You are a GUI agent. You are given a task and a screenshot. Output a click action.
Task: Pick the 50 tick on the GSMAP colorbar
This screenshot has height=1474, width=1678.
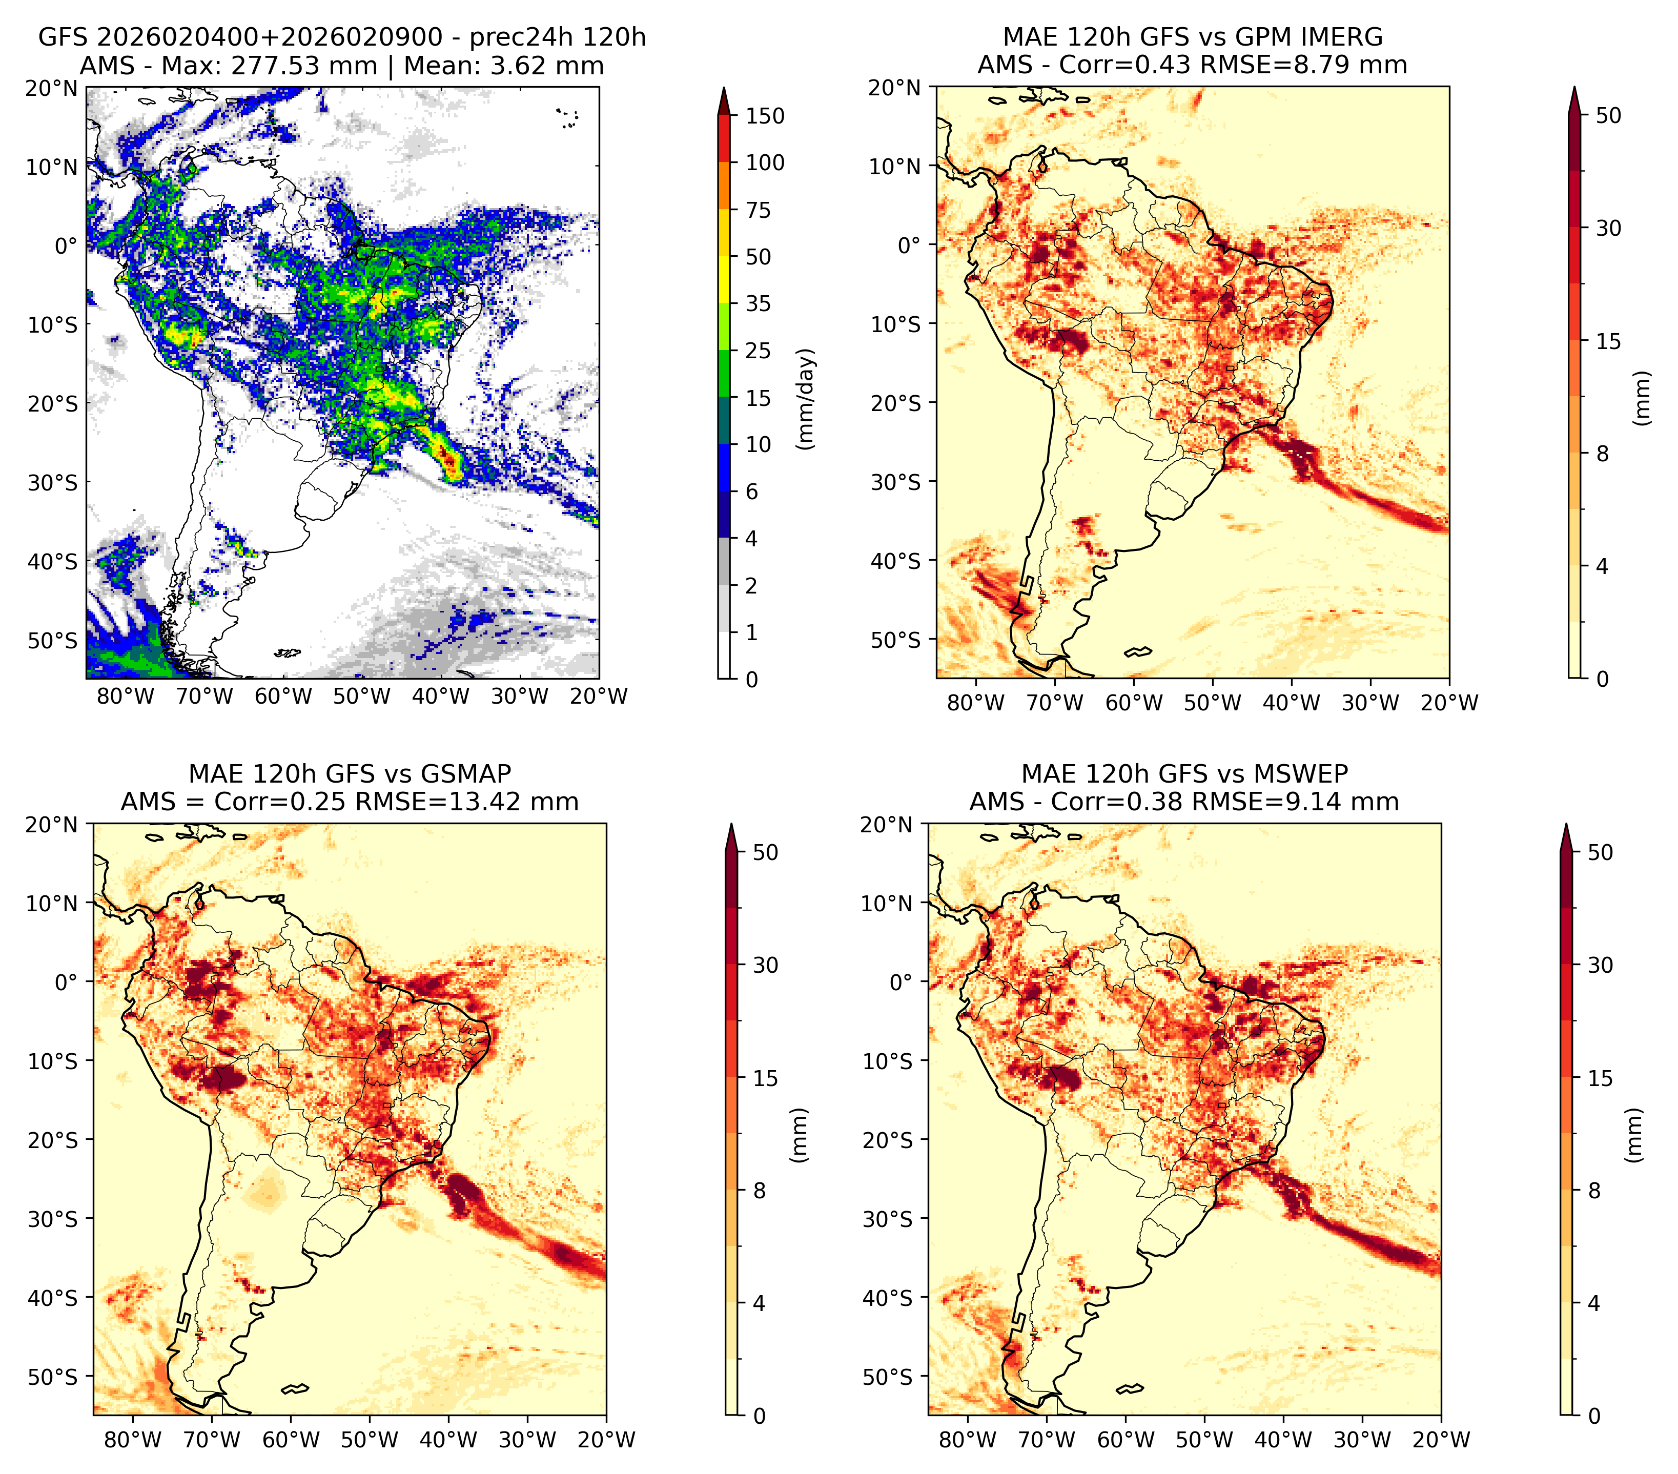[x=765, y=853]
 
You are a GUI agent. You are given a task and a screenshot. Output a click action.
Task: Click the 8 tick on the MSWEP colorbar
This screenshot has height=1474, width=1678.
[x=1594, y=1191]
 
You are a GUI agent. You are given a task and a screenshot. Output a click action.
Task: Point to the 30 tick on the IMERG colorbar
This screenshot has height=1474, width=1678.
[x=1609, y=228]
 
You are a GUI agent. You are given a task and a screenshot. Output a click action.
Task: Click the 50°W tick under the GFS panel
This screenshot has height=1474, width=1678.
[x=362, y=697]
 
